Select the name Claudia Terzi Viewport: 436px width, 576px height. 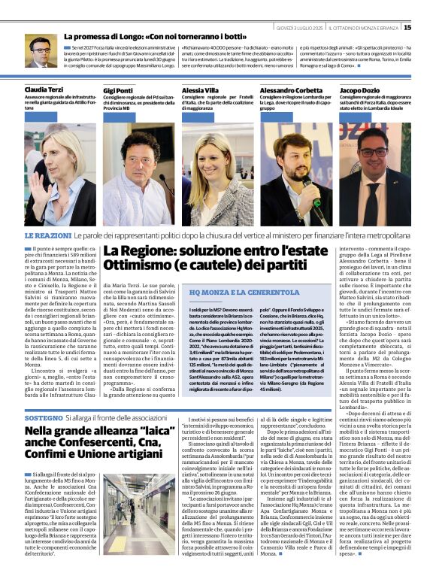pyautogui.click(x=44, y=89)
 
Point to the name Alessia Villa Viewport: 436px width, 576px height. pyautogui.click(x=200, y=89)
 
